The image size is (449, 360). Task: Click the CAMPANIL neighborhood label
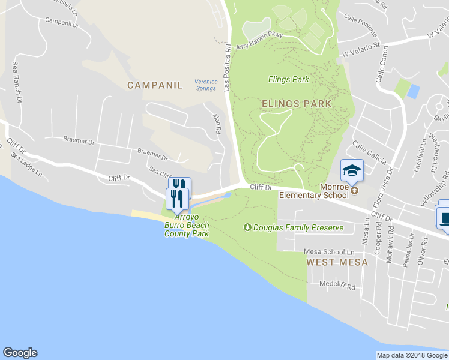tap(154, 85)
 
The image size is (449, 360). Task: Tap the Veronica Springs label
tap(206, 85)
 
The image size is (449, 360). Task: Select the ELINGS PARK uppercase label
tap(297, 103)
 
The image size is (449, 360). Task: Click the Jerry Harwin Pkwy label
tap(259, 40)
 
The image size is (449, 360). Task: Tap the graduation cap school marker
tap(352, 170)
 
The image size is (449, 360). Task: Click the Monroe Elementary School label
tap(314, 191)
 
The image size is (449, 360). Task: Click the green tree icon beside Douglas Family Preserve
tap(247, 227)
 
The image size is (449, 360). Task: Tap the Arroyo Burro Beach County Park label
tap(187, 226)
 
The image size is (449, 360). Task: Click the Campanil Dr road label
tap(62, 22)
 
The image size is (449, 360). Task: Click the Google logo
tap(20, 353)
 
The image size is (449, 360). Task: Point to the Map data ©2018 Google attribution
tap(412, 355)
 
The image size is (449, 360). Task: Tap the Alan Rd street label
tap(216, 125)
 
